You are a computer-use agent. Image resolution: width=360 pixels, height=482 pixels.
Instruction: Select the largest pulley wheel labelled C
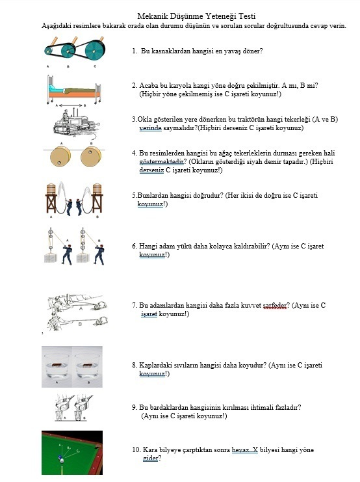tap(95, 51)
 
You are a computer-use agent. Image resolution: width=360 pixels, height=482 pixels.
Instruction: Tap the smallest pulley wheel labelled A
tap(49, 51)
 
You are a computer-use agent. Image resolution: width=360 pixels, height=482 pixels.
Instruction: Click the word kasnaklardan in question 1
tap(170, 51)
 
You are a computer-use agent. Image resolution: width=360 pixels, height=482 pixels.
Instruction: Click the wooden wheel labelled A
tap(60, 157)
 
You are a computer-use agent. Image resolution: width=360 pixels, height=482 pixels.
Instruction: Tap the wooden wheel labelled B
tap(90, 157)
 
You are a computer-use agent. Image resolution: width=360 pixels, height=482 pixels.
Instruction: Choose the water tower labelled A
tap(51, 198)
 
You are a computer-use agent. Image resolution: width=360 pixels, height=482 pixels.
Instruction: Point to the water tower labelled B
tap(97, 198)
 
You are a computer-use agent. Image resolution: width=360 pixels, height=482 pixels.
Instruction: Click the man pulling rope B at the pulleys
tap(99, 254)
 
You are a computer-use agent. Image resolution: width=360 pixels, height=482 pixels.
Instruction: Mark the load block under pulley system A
tap(51, 258)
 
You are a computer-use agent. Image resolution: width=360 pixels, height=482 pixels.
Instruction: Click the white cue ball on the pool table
tap(62, 461)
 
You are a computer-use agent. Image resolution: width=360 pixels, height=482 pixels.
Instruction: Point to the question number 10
tap(136, 449)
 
